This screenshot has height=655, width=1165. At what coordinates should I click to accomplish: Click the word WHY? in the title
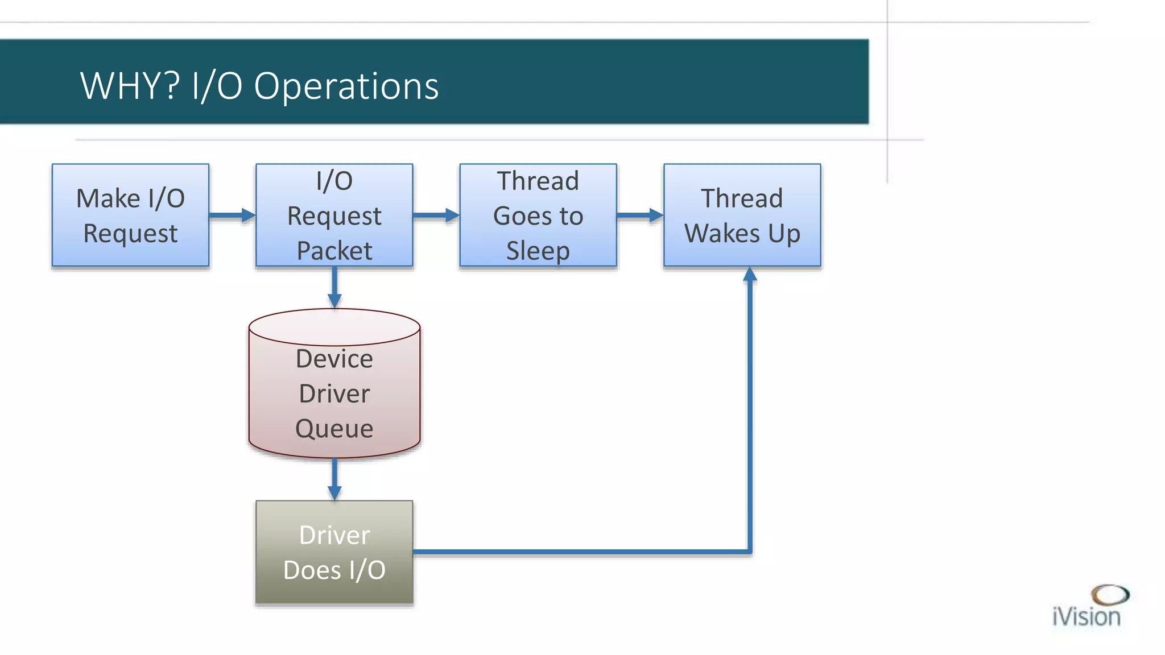pos(130,86)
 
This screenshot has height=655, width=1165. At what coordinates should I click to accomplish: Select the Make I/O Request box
pos(130,215)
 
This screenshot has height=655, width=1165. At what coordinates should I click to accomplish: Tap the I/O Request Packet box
pos(334,215)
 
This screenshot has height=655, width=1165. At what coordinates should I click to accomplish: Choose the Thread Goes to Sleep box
pos(538,215)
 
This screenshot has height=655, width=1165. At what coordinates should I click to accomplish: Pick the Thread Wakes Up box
pos(742,215)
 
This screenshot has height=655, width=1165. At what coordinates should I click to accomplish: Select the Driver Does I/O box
pos(334,552)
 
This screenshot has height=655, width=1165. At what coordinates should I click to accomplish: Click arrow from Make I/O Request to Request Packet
pos(232,215)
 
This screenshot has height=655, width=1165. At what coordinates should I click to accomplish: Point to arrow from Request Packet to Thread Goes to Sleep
pos(436,215)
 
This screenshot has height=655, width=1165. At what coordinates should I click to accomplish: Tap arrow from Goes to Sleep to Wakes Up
pos(640,215)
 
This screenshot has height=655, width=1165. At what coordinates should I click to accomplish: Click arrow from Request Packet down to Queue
pos(334,287)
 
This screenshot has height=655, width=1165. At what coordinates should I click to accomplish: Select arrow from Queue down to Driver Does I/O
pos(334,479)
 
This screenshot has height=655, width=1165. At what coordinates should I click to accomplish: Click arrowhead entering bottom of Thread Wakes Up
pos(750,275)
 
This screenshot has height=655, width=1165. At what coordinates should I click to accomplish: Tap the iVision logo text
pos(1086,617)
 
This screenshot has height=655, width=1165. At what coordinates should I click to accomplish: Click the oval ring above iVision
pos(1110,595)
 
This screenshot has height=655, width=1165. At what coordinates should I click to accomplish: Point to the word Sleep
pos(538,251)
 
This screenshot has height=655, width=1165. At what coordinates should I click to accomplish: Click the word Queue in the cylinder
pos(334,428)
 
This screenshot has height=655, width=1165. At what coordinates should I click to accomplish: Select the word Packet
pos(334,251)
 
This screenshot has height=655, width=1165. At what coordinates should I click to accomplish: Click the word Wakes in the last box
pos(722,233)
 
